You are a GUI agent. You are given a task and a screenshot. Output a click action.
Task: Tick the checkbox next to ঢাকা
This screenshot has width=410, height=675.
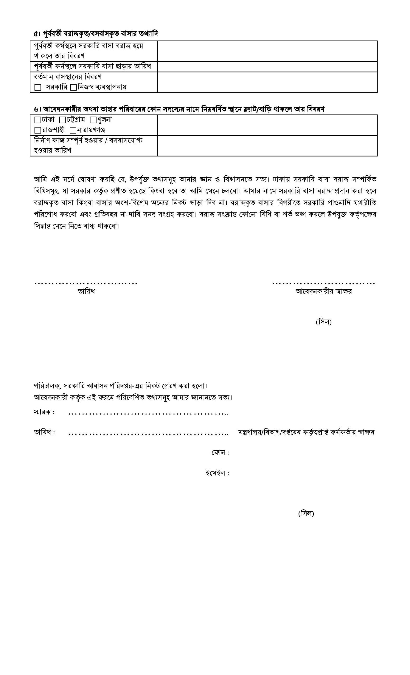37,120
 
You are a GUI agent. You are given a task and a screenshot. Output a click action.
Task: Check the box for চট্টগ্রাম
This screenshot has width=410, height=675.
63,120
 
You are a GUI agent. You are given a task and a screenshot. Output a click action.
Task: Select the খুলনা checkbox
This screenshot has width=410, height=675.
93,120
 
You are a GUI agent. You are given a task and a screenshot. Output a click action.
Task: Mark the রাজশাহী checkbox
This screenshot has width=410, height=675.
37,130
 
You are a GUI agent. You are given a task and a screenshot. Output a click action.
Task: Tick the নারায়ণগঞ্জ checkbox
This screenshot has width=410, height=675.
73,130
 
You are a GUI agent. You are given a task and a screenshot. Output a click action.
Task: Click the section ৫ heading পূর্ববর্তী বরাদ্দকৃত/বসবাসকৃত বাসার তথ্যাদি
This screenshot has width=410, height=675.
96,34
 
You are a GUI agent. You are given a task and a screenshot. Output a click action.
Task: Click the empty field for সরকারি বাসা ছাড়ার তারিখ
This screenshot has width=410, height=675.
267,66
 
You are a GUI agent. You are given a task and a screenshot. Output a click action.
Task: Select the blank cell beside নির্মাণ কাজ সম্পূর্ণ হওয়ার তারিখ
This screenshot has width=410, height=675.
267,146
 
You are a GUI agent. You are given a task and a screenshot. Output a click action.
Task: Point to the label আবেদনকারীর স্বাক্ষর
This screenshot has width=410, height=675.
324,291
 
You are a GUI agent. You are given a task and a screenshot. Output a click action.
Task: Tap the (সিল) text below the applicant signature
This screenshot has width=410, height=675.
323,322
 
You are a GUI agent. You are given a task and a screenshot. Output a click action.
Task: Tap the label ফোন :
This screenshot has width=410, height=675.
220,453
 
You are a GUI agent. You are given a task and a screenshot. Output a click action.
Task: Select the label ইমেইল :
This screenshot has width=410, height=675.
217,473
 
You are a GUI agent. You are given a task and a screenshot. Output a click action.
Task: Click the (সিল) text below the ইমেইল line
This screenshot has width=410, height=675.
306,513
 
